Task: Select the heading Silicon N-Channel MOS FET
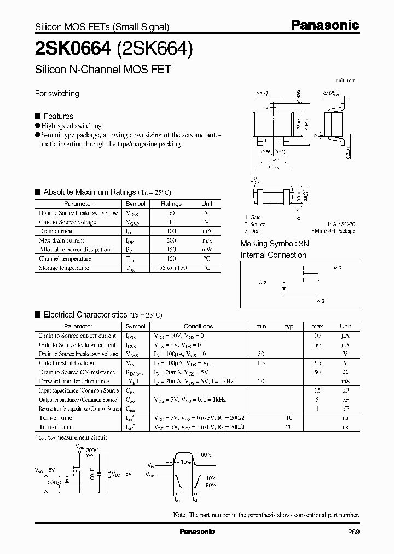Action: [x=103, y=70]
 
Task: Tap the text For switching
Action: [x=57, y=94]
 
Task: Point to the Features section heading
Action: [x=58, y=116]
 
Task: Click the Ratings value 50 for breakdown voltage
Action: [x=171, y=213]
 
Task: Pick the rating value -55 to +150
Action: [x=171, y=268]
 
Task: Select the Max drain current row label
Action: [x=61, y=240]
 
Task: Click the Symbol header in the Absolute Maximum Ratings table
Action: [x=136, y=204]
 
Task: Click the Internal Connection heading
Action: [x=274, y=255]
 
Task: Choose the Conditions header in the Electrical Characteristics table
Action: [x=198, y=326]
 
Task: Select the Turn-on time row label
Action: [x=55, y=418]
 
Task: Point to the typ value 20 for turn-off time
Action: [x=289, y=427]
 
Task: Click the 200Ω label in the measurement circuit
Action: [x=92, y=450]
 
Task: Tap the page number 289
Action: [x=353, y=532]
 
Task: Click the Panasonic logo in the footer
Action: [x=197, y=532]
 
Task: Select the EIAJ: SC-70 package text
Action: [x=341, y=224]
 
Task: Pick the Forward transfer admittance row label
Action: [x=74, y=381]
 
